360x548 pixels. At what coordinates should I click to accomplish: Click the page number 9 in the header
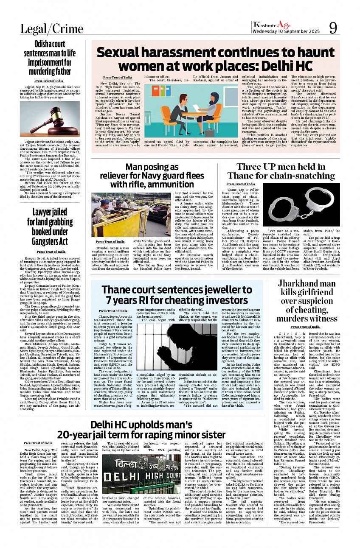[x=333, y=28]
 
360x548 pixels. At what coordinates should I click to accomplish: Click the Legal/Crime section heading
[x=52, y=29]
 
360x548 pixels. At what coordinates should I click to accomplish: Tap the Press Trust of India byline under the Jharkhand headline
[x=305, y=327]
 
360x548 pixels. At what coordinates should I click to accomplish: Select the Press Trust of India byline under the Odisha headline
[x=49, y=81]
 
